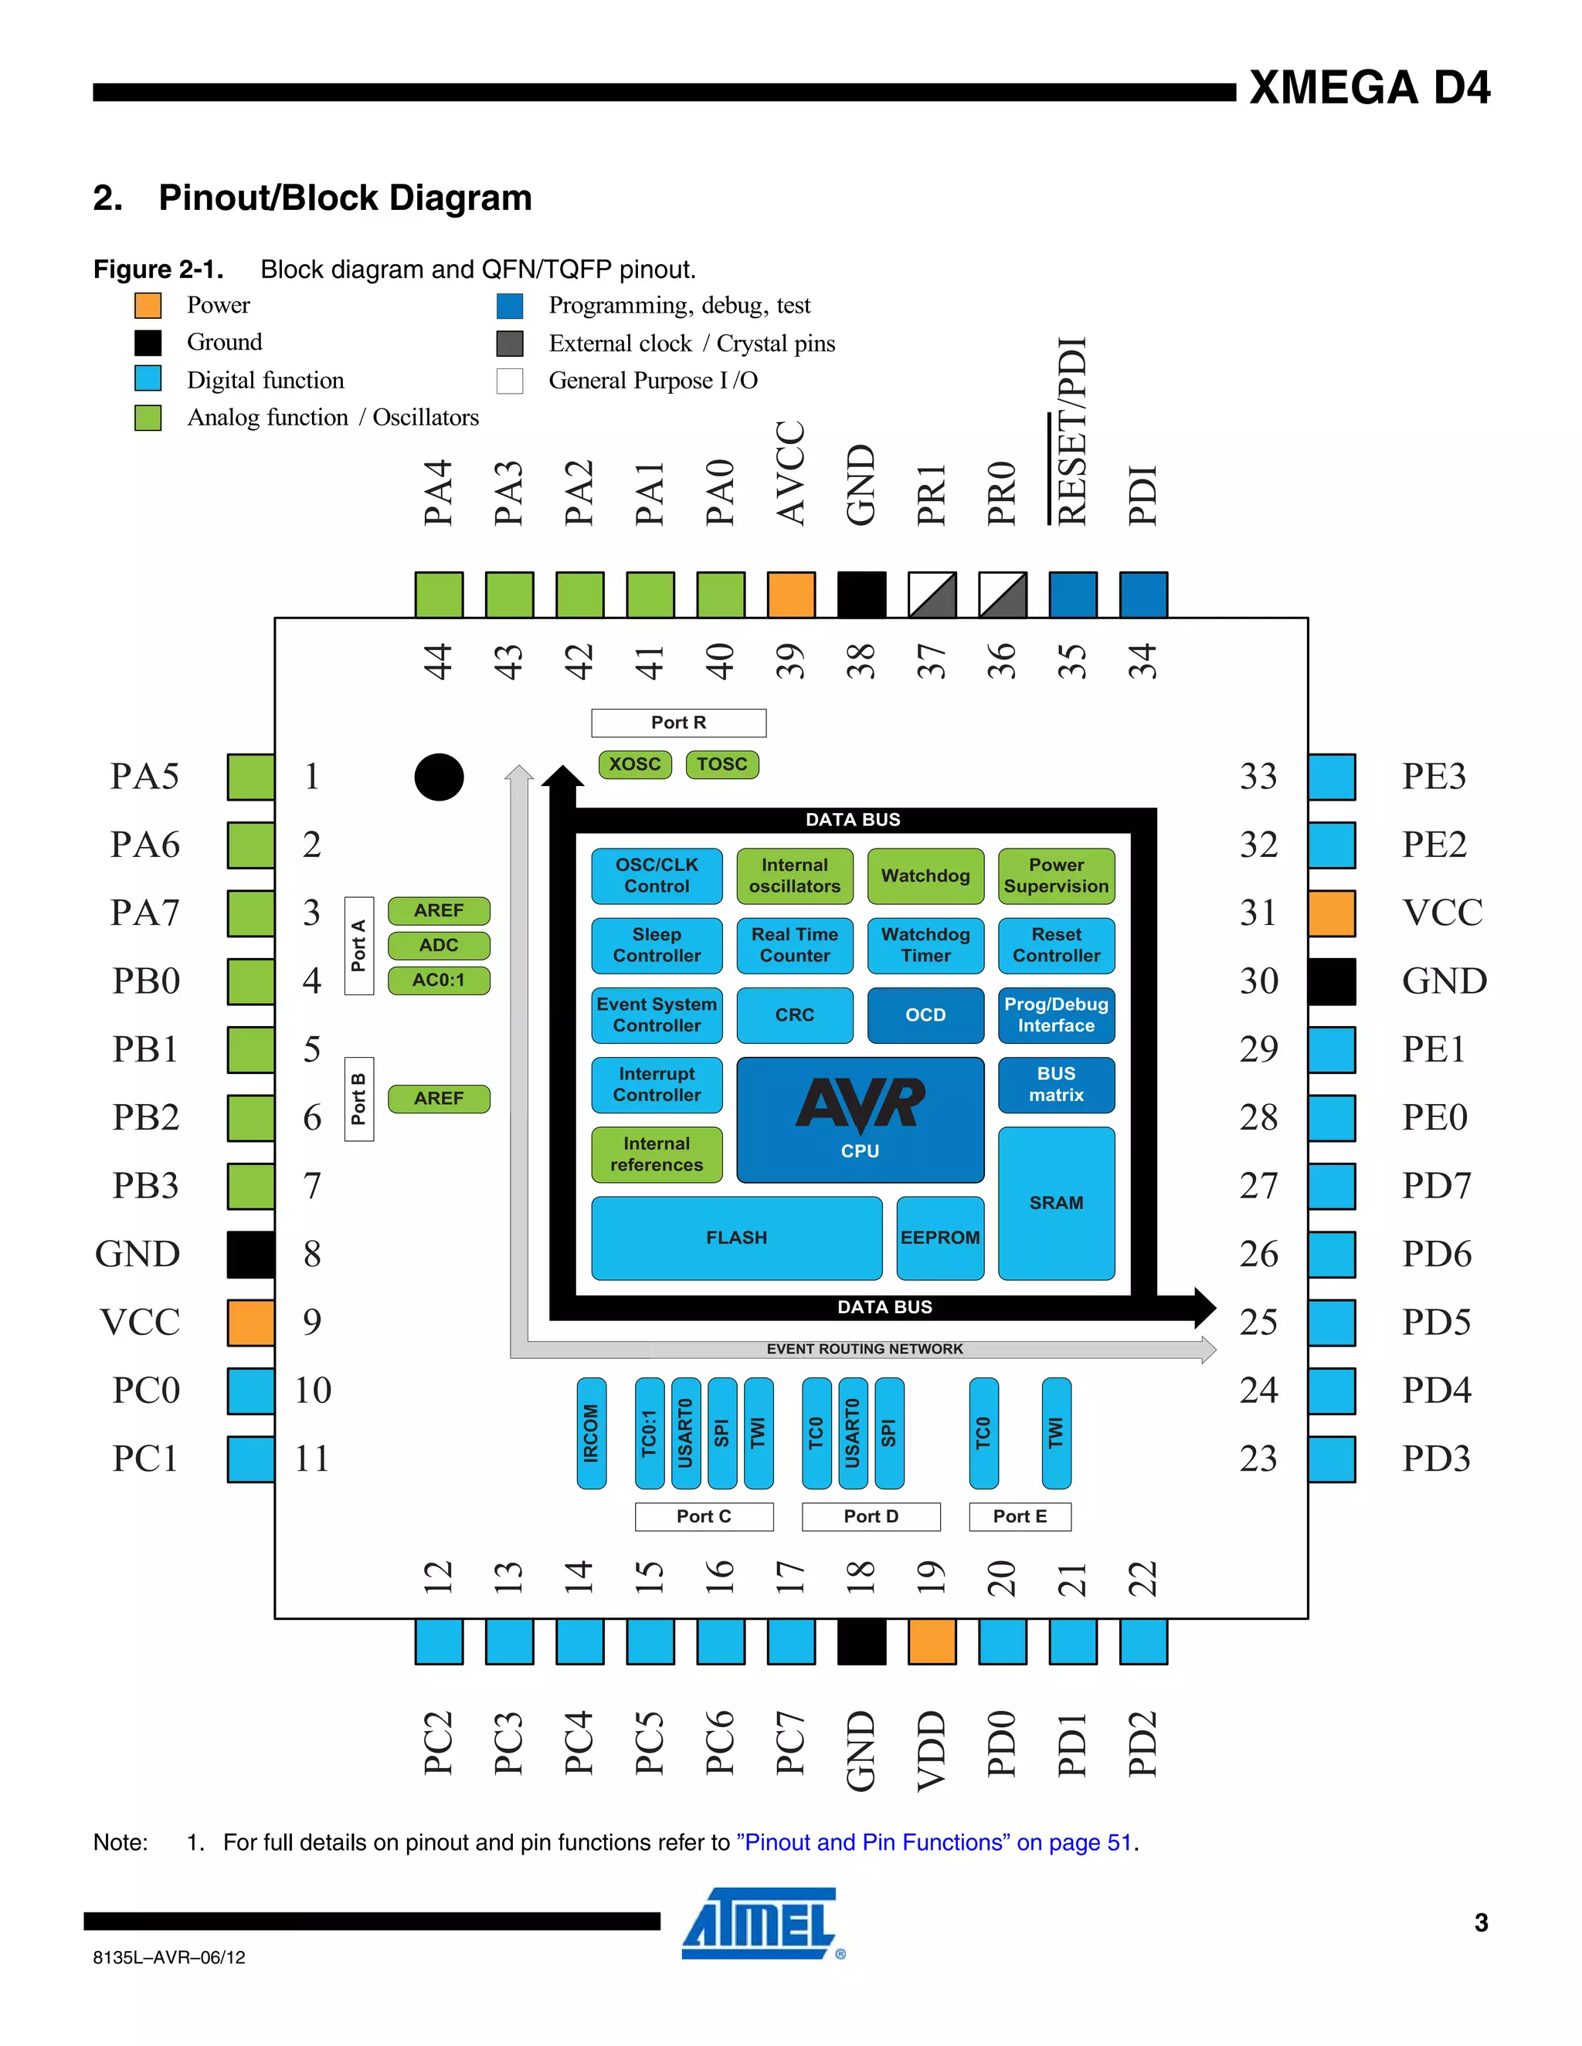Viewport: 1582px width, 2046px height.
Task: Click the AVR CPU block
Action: tap(860, 1120)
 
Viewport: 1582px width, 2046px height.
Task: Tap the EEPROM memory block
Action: tap(939, 1238)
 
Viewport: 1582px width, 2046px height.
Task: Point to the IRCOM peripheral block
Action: tap(592, 1432)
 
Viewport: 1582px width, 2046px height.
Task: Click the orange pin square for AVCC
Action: tap(791, 594)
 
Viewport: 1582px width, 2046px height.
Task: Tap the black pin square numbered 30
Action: tap(1331, 981)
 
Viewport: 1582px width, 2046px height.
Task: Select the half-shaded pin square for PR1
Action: tap(932, 594)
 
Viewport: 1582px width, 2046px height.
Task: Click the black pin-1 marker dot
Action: tap(439, 777)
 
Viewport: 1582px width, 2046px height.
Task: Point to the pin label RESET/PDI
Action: tap(1071, 431)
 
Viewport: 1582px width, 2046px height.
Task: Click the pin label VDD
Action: tap(932, 1750)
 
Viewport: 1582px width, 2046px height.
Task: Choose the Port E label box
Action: tap(1020, 1516)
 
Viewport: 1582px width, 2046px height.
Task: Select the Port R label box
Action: tap(678, 723)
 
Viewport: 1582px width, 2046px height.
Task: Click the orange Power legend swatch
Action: tap(148, 306)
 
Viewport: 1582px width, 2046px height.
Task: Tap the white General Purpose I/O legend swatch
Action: tap(510, 381)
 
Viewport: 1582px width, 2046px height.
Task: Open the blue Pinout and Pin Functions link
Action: tap(935, 1843)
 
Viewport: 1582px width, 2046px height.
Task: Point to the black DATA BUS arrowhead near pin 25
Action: tap(1203, 1307)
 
